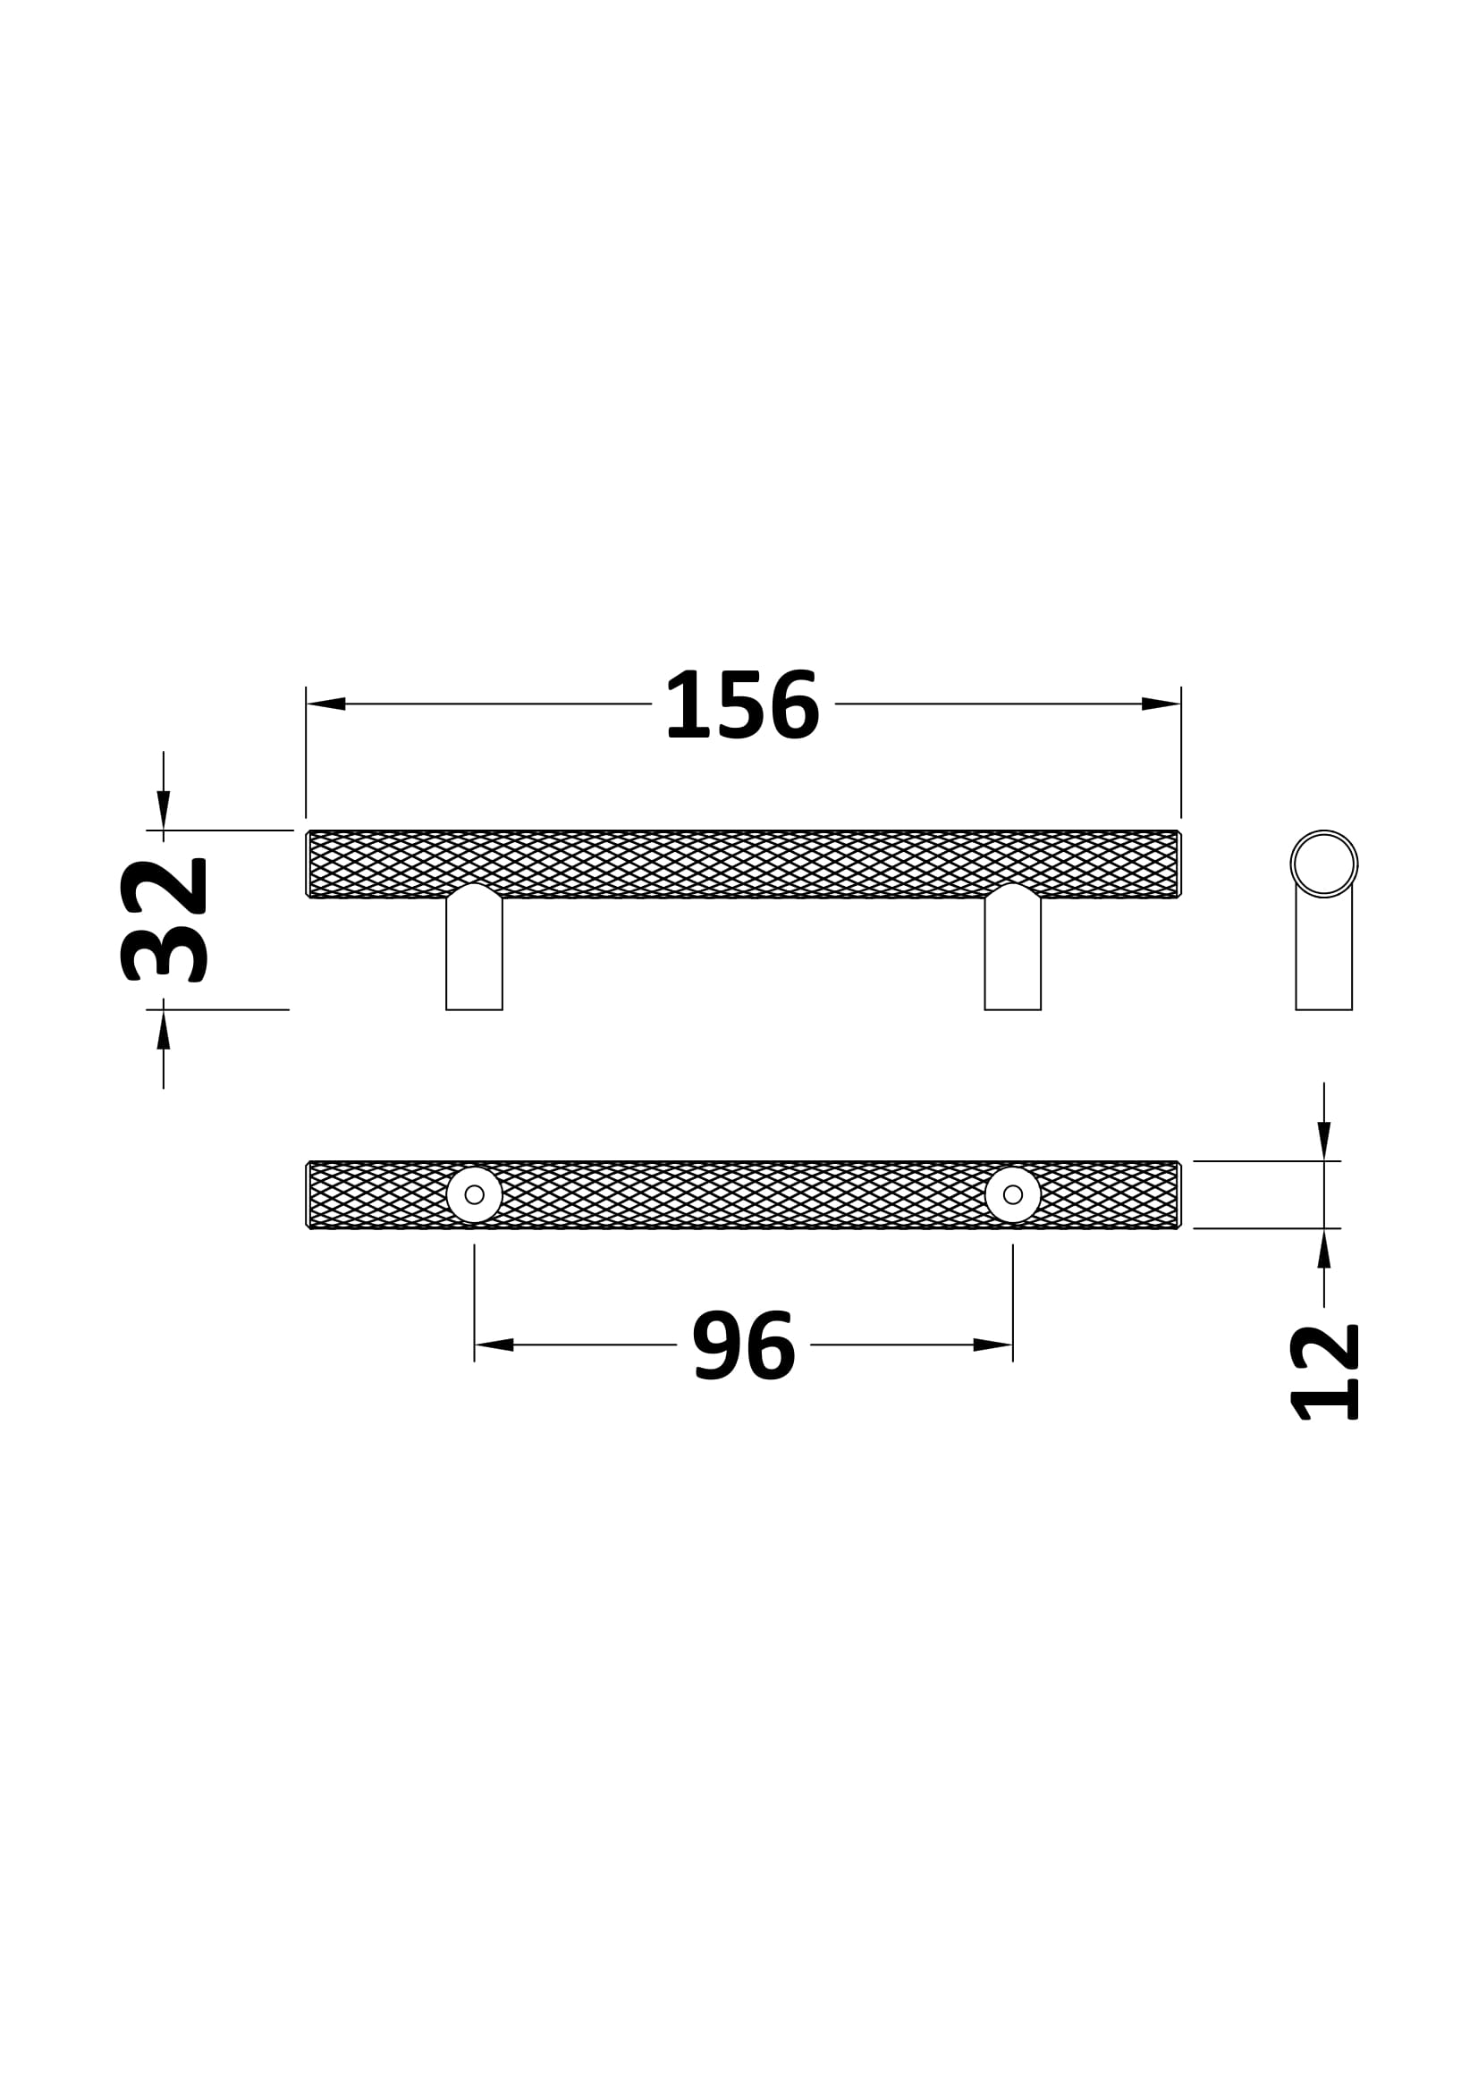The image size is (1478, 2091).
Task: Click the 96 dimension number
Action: pos(744,1345)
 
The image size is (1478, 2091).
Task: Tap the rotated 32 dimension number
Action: pos(164,920)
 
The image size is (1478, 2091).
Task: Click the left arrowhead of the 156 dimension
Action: pos(325,704)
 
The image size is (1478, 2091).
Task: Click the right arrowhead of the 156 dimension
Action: pos(1161,704)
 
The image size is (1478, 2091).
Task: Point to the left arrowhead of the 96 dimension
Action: pos(494,1345)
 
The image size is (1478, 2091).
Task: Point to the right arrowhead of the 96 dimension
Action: pos(992,1345)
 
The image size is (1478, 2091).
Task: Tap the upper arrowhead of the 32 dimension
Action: pos(164,811)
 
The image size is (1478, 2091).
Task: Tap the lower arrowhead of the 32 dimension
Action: pos(164,1029)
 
